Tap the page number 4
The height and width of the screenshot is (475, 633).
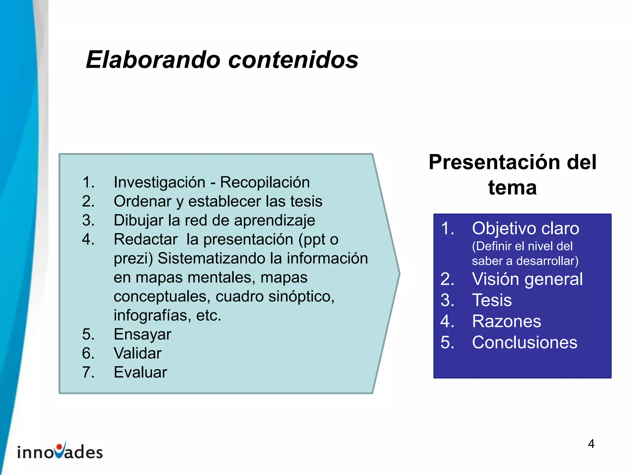click(591, 444)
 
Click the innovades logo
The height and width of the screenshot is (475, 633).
click(60, 451)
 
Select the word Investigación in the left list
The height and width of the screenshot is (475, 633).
click(159, 182)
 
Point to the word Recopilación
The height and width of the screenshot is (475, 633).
click(265, 182)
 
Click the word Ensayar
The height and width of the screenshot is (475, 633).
click(142, 334)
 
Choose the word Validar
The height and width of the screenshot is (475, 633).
click(137, 353)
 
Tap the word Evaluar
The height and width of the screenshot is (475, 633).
click(140, 372)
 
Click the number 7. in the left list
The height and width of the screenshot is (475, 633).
click(88, 372)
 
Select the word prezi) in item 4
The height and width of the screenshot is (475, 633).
click(133, 259)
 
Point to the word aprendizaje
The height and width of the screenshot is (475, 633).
click(274, 220)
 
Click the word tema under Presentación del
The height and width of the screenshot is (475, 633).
click(512, 188)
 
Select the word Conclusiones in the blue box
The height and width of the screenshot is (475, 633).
click(525, 342)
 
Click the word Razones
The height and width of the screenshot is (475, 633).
click(507, 321)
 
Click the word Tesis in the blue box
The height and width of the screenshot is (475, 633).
click(492, 300)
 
